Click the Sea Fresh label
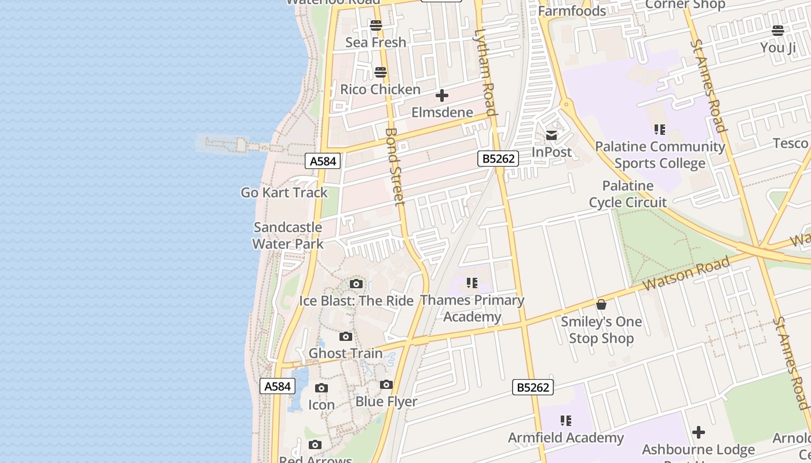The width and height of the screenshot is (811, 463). tap(376, 42)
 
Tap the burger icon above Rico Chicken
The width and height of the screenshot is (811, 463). tap(381, 72)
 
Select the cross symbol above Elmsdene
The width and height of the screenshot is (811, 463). tap(442, 95)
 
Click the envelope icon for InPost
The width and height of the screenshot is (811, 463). tap(551, 135)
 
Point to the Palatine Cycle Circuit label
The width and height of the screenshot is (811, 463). tap(628, 194)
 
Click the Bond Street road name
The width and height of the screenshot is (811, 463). tap(394, 167)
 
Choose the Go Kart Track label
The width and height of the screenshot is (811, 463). tap(284, 193)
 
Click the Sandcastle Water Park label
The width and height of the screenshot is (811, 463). tap(288, 236)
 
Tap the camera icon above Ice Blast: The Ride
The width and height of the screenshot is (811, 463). tap(356, 284)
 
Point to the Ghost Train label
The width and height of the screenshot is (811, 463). tap(346, 353)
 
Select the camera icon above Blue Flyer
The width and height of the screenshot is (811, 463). tap(386, 384)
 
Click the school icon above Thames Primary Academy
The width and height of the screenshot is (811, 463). tap(472, 282)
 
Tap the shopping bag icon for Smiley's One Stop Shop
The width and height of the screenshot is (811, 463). tap(601, 304)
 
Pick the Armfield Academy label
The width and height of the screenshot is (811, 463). tap(566, 438)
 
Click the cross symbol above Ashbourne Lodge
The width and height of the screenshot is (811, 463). tap(699, 432)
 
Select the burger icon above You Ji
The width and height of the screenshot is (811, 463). tap(778, 31)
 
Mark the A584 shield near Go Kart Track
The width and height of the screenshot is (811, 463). tap(323, 161)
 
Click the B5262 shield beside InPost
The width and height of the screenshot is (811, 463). tap(498, 159)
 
